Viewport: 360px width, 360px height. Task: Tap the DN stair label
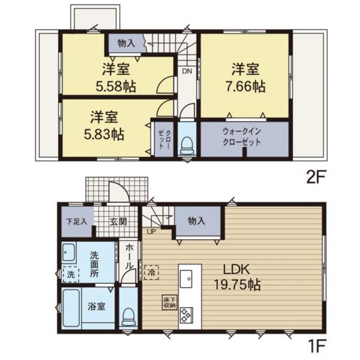pos(187,71)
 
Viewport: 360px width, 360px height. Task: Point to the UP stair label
pos(151,232)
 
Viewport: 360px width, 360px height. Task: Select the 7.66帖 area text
pos(245,86)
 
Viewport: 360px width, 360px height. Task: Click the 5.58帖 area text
pos(116,86)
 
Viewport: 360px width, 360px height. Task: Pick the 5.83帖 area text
pos(104,134)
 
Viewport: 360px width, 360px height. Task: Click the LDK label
pos(237,269)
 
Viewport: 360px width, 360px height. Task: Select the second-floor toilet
pos(187,146)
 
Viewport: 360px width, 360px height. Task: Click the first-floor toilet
pos(129,317)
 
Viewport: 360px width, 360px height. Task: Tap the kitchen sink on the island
pos(186,279)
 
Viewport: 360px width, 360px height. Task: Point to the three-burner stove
pos(186,315)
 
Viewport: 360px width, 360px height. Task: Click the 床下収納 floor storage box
pos(169,302)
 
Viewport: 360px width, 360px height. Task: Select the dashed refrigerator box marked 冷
pos(151,273)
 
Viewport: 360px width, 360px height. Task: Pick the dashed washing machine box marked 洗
pos(71,275)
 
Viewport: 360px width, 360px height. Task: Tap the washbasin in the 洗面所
pos(69,252)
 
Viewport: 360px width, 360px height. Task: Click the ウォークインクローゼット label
pos(242,137)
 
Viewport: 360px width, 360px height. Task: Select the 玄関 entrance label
pos(118,222)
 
